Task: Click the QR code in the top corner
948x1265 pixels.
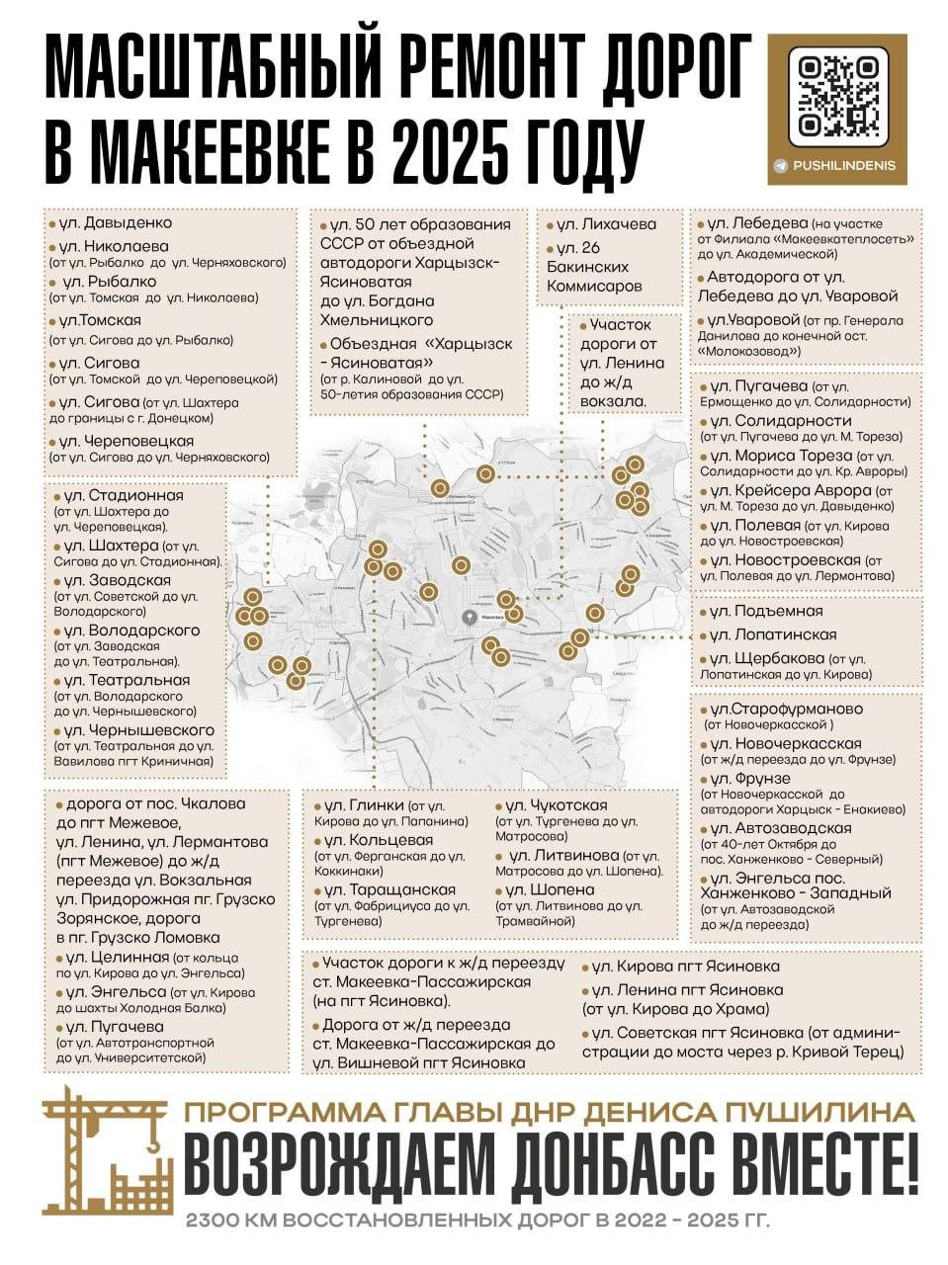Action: click(x=838, y=96)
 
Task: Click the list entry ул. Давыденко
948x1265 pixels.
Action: click(x=114, y=222)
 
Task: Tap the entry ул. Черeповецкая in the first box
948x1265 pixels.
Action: click(x=126, y=441)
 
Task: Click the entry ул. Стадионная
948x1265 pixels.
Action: click(x=123, y=495)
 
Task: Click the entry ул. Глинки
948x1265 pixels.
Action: click(x=366, y=806)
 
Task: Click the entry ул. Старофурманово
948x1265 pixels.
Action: click(x=786, y=709)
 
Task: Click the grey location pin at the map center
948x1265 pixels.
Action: click(x=470, y=617)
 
